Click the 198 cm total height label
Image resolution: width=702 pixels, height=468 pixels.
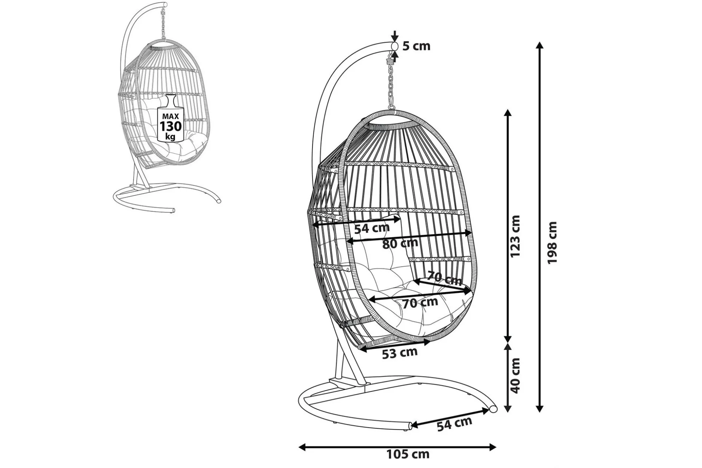pyautogui.click(x=552, y=243)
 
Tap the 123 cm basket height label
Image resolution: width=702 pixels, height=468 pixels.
pyautogui.click(x=515, y=236)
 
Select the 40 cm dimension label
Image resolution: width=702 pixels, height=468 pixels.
pyautogui.click(x=515, y=376)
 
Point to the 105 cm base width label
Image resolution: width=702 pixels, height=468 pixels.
pyautogui.click(x=408, y=454)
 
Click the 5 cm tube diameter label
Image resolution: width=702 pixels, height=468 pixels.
pyautogui.click(x=416, y=46)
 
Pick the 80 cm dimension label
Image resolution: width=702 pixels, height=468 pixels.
pyautogui.click(x=400, y=243)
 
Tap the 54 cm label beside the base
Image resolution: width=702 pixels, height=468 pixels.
pyautogui.click(x=454, y=424)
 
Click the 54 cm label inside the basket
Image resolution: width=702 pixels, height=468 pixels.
pyautogui.click(x=371, y=228)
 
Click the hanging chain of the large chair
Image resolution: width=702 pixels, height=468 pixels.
pyautogui.click(x=391, y=83)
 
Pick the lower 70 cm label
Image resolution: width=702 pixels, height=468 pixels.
pyautogui.click(x=420, y=303)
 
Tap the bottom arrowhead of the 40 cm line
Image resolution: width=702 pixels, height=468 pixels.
pyautogui.click(x=508, y=408)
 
